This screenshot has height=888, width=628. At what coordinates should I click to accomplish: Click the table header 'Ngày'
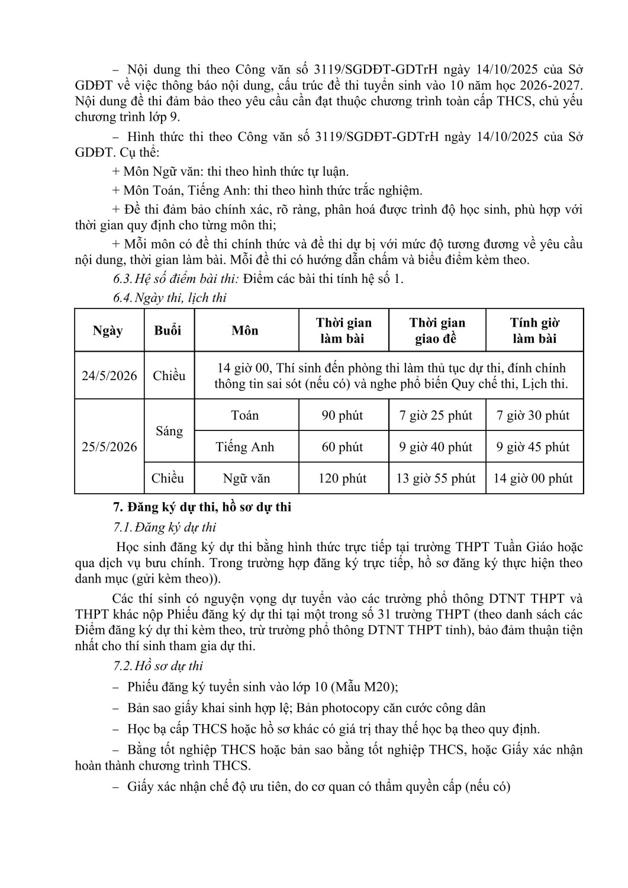pyautogui.click(x=108, y=330)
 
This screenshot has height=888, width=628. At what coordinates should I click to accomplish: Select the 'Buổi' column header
pyautogui.click(x=168, y=330)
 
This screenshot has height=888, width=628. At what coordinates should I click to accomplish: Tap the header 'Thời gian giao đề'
pyautogui.click(x=437, y=330)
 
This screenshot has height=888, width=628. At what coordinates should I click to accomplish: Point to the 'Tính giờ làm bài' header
pyautogui.click(x=534, y=330)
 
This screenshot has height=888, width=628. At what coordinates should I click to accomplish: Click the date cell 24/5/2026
pyautogui.click(x=109, y=376)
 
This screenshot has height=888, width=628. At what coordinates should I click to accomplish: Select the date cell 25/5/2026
pyautogui.click(x=109, y=447)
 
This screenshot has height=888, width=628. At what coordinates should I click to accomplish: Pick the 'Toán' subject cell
pyautogui.click(x=245, y=415)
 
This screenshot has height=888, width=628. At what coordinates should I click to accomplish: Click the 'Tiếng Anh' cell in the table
pyautogui.click(x=245, y=447)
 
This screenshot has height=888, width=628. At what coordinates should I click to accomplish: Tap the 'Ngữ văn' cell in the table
pyautogui.click(x=245, y=478)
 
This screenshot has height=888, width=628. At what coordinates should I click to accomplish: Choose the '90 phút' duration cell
pyautogui.click(x=342, y=415)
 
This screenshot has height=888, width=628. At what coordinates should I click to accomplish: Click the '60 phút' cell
pyautogui.click(x=342, y=447)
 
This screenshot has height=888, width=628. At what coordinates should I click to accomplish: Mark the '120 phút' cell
pyautogui.click(x=342, y=478)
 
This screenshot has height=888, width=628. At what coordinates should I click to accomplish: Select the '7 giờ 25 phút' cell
pyautogui.click(x=436, y=415)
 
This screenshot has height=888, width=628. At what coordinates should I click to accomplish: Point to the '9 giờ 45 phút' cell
pyautogui.click(x=533, y=447)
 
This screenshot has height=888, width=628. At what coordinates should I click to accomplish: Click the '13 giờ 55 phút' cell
pyautogui.click(x=436, y=478)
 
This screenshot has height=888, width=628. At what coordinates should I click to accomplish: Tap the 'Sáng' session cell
pyautogui.click(x=169, y=431)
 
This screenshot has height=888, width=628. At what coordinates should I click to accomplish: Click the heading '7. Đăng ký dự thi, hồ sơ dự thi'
pyautogui.click(x=202, y=507)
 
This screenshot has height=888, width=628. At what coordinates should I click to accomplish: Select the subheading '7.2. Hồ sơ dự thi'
pyautogui.click(x=158, y=666)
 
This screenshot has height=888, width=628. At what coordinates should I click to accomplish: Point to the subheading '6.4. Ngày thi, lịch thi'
pyautogui.click(x=170, y=298)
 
